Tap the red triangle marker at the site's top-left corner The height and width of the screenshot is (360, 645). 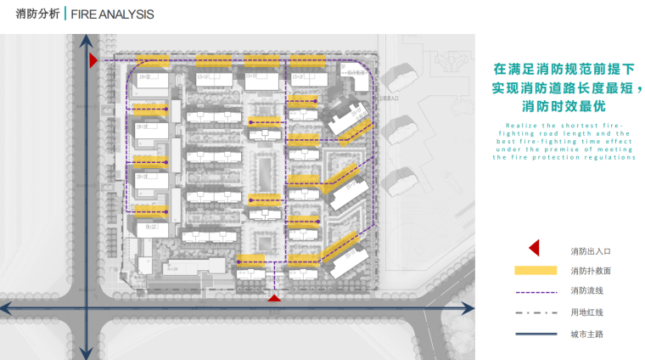(x=93, y=59)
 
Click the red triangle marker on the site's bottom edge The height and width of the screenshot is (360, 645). (x=273, y=298)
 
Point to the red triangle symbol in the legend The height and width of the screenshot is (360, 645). (x=535, y=248)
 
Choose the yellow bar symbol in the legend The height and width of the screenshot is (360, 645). (x=536, y=270)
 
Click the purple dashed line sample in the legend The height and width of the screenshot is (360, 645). (x=536, y=291)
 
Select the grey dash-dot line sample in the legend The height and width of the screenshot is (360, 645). (x=536, y=312)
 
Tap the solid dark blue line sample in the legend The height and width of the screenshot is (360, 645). (x=536, y=333)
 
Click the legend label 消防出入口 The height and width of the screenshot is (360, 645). (x=591, y=251)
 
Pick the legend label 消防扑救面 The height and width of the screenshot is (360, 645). (x=591, y=271)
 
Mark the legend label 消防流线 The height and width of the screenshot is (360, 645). (x=587, y=291)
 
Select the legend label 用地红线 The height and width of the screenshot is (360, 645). (x=587, y=312)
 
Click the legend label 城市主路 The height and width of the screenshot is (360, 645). (x=587, y=333)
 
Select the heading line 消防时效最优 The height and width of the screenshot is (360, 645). (x=564, y=107)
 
